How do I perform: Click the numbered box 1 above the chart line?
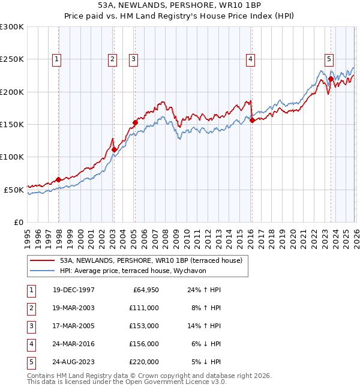(56, 59)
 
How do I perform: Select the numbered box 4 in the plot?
(250, 59)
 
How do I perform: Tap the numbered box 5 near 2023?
(329, 59)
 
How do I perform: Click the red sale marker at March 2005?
(135, 122)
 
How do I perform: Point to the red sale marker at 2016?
(252, 121)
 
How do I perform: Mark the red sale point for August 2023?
(331, 79)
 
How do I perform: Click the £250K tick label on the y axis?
(12, 59)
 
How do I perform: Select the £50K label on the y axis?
(14, 190)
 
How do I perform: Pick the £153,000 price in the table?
(144, 326)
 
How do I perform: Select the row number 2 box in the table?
(30, 308)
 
